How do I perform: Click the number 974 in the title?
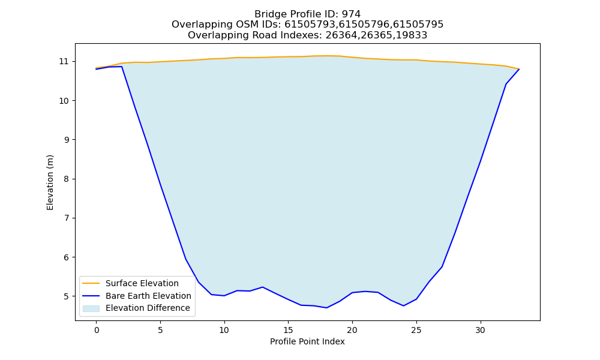pos(351,14)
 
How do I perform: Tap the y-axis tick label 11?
pos(64,62)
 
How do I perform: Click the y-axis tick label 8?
pos(66,179)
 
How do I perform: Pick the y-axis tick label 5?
pos(66,296)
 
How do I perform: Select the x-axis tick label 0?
pos(97,330)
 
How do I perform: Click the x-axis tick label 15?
pos(288,330)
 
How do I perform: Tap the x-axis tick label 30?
pos(480,330)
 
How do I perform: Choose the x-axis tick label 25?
pos(416,330)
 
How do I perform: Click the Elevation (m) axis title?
pos(50,182)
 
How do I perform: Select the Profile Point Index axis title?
pos(307,341)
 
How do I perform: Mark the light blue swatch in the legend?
pos(91,308)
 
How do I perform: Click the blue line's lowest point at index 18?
pos(326,308)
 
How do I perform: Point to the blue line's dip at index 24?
pos(403,305)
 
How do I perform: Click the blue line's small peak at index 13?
pos(263,287)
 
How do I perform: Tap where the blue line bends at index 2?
pos(122,67)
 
